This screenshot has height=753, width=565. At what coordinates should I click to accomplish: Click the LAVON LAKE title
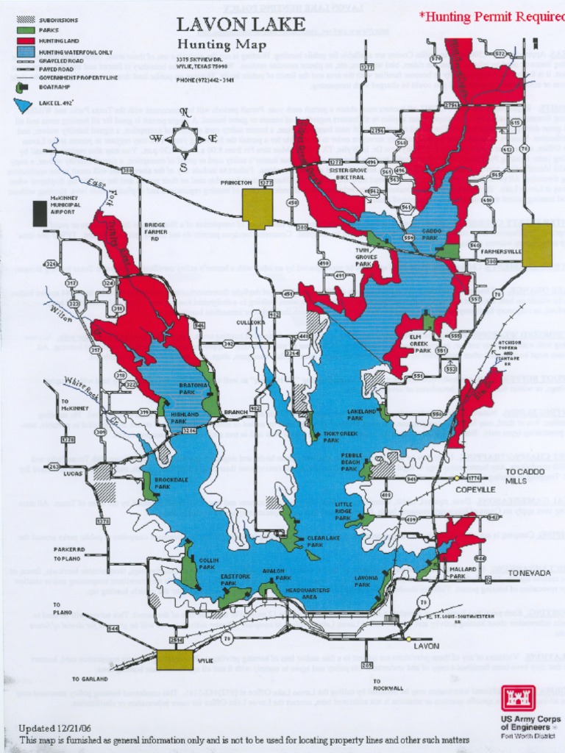pos(241,25)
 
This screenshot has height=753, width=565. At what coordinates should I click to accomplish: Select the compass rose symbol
pos(183,138)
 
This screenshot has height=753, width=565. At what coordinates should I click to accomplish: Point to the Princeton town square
pos(257,209)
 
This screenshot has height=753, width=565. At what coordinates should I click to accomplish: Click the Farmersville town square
pos(537,245)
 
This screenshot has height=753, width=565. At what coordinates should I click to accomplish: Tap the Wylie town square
pos(174,660)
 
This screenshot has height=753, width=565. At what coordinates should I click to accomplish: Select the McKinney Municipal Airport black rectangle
pos(38,213)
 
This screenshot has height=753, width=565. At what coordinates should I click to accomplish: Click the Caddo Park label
pos(431,235)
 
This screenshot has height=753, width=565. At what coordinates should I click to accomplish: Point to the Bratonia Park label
pos(193,388)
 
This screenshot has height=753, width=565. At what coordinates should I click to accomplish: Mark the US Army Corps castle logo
pos(518,698)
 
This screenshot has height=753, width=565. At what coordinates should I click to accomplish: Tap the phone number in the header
pos(205,80)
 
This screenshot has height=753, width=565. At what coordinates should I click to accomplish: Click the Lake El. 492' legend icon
pos(24,105)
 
